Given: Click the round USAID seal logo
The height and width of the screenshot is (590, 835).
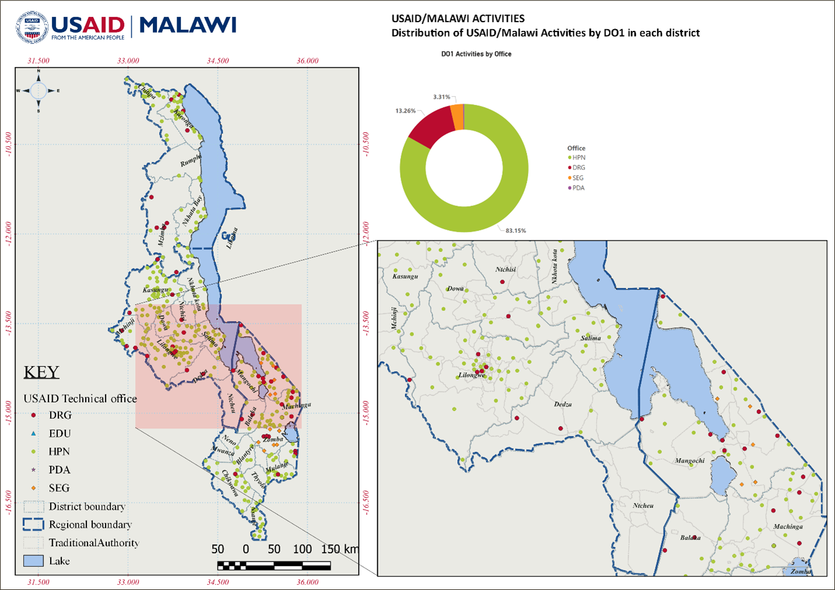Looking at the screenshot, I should coord(32,27).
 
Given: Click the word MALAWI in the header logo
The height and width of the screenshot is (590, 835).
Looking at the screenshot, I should coord(187,26).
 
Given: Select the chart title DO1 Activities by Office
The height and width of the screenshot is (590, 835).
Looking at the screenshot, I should coord(476,54).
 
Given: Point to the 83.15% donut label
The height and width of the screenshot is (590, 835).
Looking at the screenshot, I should coord(515,231).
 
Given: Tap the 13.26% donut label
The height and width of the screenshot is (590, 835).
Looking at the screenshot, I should coord(405,111).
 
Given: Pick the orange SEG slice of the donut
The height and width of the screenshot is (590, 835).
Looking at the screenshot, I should coord(458,117).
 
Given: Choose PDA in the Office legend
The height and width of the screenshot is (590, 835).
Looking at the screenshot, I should coord(578,188).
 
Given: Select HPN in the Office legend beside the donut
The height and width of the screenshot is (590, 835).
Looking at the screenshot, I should coord(578,157).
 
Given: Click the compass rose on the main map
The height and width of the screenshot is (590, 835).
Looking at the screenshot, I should coord(38,91).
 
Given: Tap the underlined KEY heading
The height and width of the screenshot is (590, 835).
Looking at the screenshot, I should coord(41,372).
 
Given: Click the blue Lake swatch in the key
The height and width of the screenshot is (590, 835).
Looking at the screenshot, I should coord(34,561).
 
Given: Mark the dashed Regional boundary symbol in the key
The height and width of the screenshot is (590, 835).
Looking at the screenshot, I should coord(34,524).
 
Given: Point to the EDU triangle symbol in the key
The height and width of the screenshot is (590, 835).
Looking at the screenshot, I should coord(34,433).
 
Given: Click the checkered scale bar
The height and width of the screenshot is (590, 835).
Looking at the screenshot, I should coord(274,565).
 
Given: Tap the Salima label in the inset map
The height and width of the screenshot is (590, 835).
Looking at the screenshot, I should coord(590,338).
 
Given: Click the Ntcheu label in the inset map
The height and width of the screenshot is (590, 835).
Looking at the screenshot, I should coord(643,506).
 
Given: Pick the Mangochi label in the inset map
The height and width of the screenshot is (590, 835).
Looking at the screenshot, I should coord(689,461).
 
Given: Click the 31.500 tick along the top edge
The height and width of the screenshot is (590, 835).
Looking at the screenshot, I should coord(38,61).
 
